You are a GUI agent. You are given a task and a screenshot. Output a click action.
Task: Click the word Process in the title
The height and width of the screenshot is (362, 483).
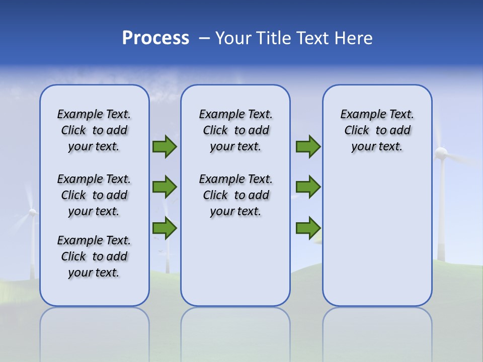[155, 38]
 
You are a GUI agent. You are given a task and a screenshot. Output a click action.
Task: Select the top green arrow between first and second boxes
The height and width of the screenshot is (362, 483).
[165, 147]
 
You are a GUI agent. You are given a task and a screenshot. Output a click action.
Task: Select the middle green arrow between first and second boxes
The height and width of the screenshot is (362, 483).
[165, 187]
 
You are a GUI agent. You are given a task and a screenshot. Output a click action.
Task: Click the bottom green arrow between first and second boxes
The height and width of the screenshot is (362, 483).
[165, 228]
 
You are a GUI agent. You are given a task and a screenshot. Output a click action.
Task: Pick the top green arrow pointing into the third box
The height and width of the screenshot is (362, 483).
[308, 147]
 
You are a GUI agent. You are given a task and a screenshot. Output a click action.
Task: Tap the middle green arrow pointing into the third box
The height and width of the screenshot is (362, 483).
[308, 187]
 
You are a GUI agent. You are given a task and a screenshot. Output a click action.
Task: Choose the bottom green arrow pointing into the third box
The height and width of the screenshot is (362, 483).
[308, 228]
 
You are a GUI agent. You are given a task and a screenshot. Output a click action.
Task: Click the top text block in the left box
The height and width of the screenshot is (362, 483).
[94, 130]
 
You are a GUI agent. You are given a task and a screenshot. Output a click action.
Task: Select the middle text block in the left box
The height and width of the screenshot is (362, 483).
[94, 195]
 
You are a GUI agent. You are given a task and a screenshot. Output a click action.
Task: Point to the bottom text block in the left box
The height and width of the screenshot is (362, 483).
[94, 256]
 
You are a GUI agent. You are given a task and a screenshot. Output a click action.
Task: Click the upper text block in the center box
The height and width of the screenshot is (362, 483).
[235, 130]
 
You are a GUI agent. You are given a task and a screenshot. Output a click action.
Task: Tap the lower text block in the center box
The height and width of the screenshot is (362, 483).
[235, 195]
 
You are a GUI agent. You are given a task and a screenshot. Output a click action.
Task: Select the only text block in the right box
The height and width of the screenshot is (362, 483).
[377, 130]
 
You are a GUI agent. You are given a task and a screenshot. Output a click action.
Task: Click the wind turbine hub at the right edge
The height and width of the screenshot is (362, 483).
[441, 153]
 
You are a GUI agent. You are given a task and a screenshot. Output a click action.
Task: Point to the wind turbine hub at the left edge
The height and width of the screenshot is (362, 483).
[33, 212]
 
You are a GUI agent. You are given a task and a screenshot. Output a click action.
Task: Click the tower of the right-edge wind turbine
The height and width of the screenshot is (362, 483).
[441, 211]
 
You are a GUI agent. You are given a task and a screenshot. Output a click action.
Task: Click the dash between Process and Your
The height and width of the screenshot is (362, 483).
[205, 39]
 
